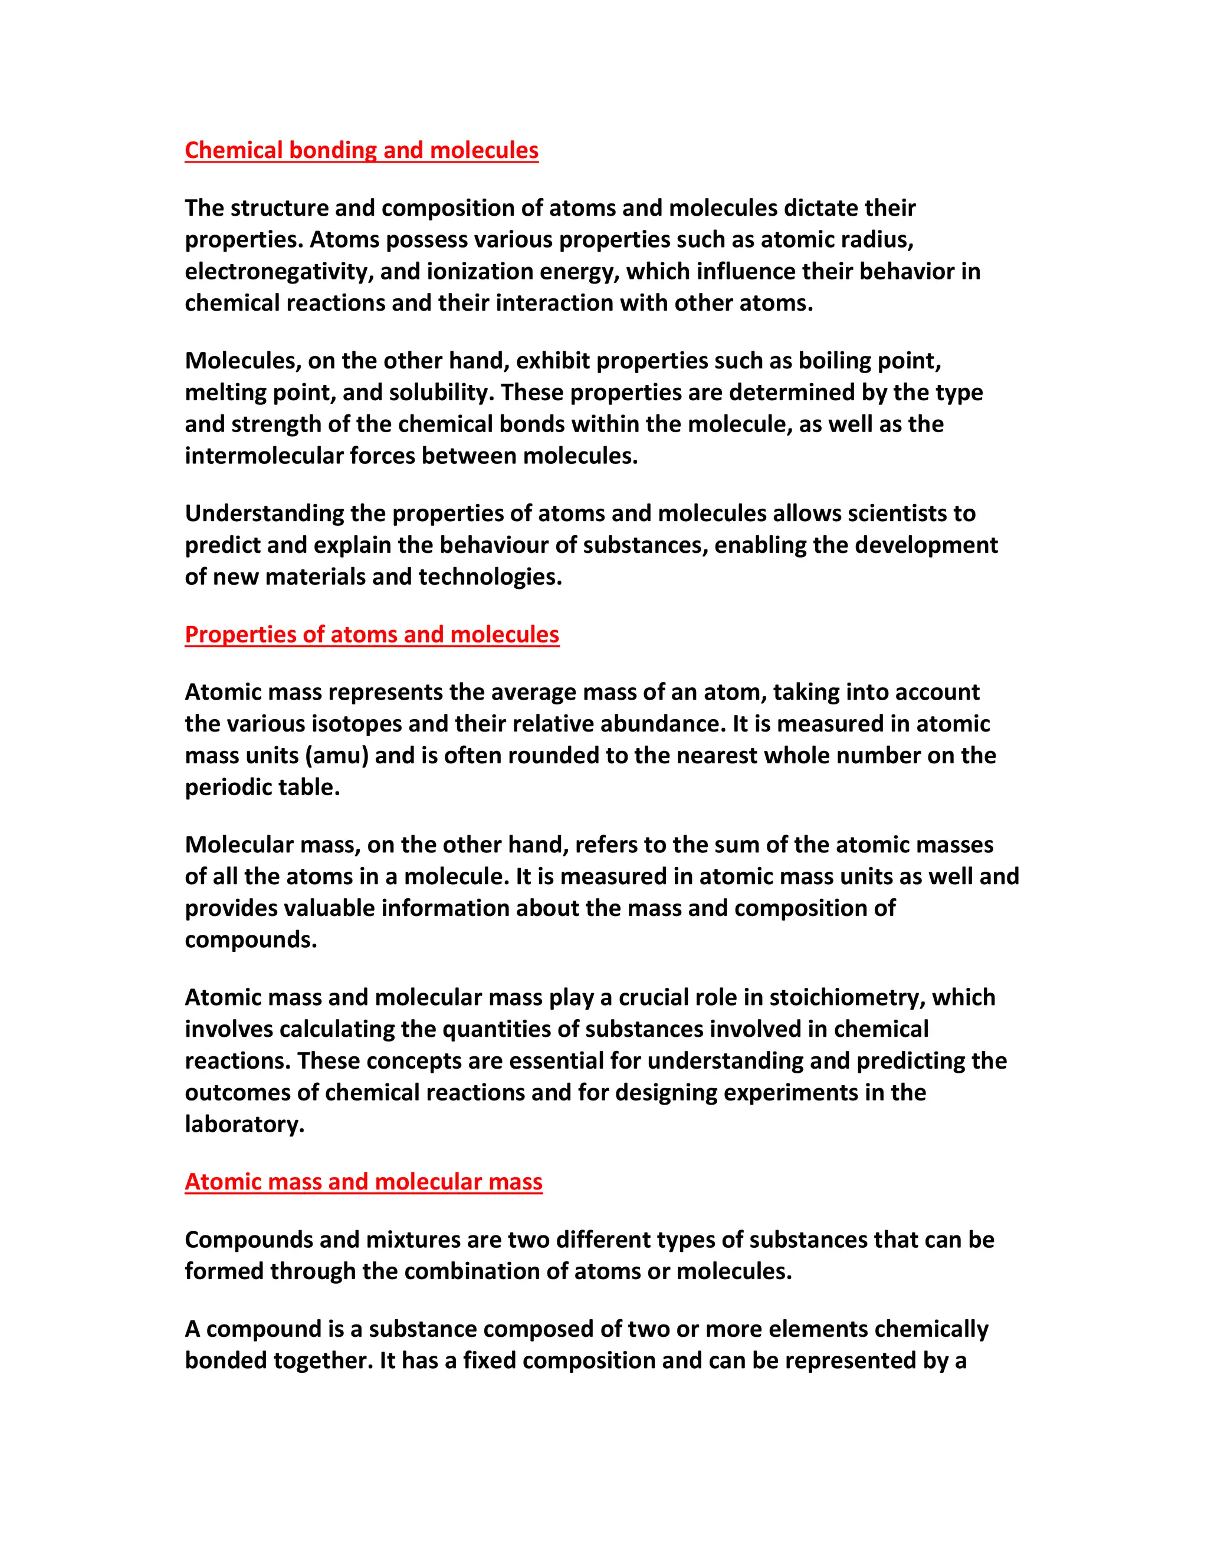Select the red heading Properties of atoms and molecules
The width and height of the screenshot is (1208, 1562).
click(372, 634)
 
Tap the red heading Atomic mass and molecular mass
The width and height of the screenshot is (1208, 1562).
click(363, 1181)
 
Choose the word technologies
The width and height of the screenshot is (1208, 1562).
click(487, 576)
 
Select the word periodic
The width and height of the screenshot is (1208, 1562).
click(229, 787)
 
